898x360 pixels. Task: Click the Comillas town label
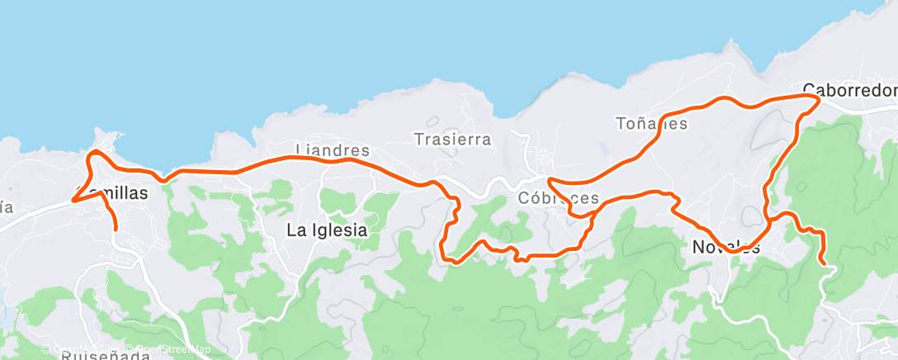pos(111,194)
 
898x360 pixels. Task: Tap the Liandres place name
pos(333,151)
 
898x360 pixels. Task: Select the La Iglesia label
pos(327,231)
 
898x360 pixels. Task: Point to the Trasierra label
pos(452,140)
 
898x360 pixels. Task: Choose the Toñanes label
pos(651,124)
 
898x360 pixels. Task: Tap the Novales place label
pos(725,247)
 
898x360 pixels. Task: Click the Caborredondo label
pos(849,89)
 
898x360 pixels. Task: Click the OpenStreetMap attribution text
pos(173,349)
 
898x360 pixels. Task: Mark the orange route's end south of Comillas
pos(116,228)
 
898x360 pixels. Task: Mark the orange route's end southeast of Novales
pos(823,263)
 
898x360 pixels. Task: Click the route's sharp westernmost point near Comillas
pos(73,201)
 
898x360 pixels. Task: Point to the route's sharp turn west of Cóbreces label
pos(550,180)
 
